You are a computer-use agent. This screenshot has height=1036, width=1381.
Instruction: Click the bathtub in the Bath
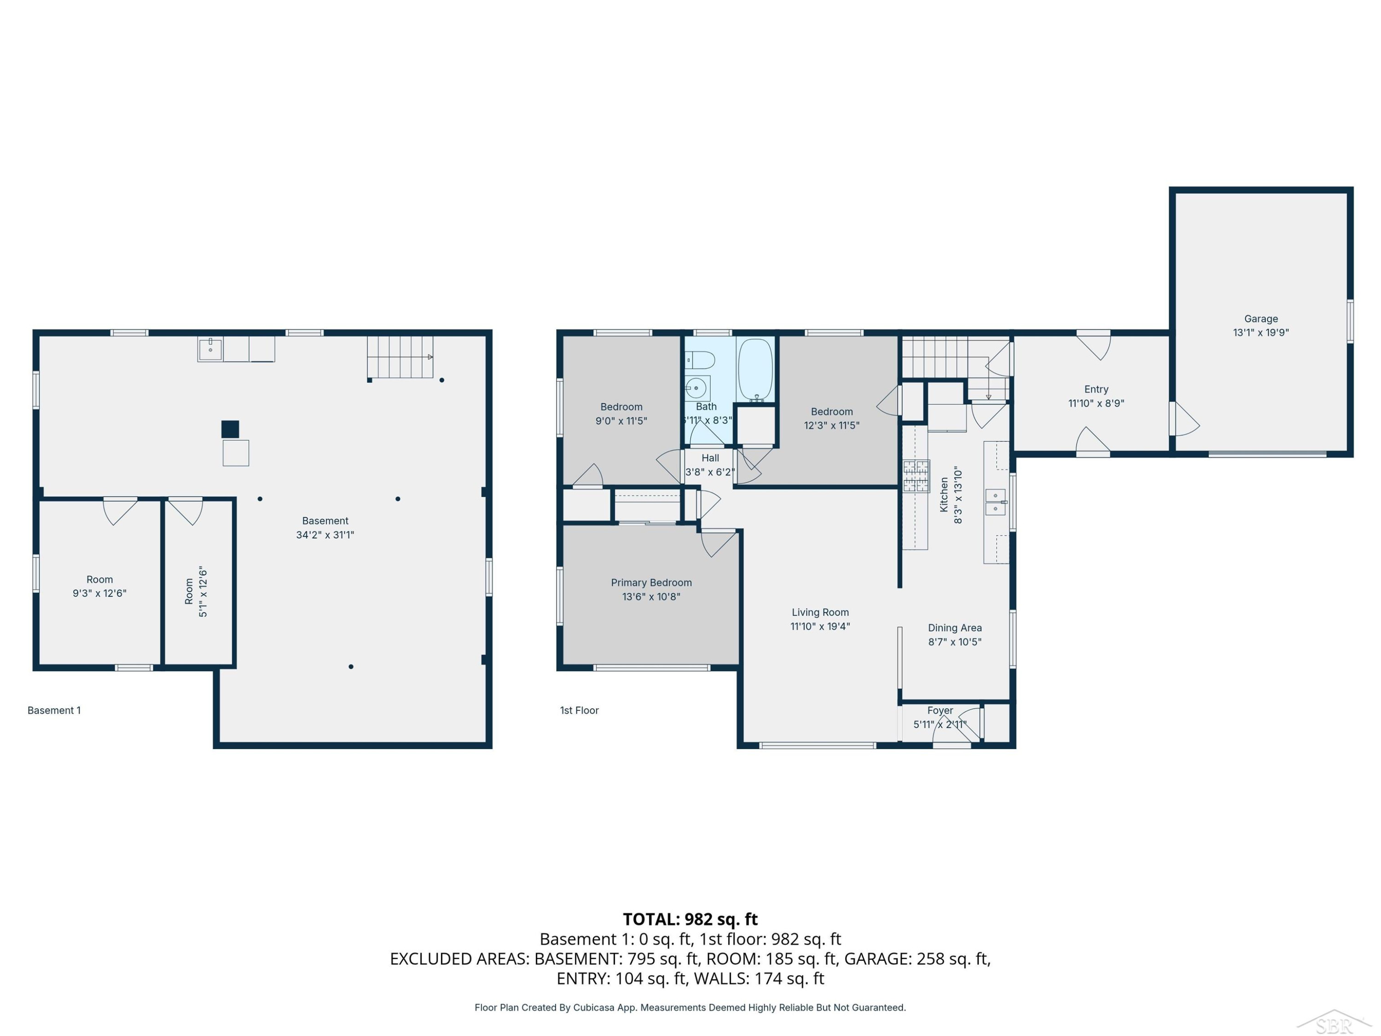click(755, 370)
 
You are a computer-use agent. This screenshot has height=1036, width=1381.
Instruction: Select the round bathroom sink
click(696, 388)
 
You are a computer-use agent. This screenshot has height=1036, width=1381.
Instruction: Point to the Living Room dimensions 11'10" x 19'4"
click(820, 626)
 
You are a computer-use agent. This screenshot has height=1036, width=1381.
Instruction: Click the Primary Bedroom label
click(651, 582)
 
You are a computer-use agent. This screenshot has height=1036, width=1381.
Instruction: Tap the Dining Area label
click(955, 628)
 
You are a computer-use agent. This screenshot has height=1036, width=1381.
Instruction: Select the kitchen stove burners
click(916, 477)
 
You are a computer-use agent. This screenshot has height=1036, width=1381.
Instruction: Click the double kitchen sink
click(995, 502)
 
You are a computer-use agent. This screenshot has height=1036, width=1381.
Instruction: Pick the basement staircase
click(400, 357)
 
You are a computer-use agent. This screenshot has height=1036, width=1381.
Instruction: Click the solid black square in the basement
click(230, 429)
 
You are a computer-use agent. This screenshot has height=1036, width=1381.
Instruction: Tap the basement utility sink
click(210, 349)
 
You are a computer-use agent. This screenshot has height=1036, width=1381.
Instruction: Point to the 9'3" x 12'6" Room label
click(100, 587)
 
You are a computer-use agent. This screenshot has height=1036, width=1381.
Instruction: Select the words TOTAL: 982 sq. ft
click(690, 919)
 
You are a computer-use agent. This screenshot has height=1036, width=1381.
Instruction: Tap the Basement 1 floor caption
click(54, 710)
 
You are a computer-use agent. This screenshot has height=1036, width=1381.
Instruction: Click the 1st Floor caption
click(580, 710)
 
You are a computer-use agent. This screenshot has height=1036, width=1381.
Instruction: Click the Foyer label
click(940, 710)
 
